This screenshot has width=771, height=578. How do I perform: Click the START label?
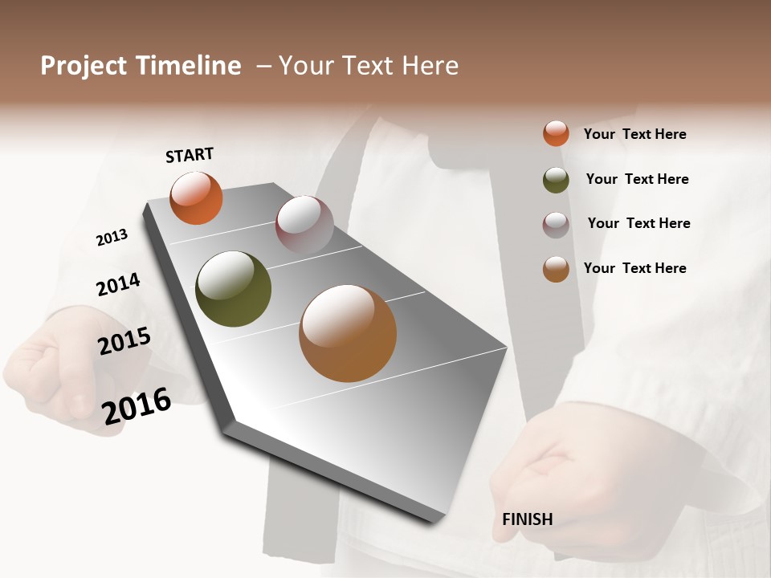(x=190, y=155)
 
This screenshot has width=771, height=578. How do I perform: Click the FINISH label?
(x=527, y=519)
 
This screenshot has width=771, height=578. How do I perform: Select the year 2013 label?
(x=112, y=238)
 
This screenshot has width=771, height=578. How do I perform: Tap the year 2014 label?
(x=118, y=285)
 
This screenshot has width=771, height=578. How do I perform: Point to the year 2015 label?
(x=124, y=341)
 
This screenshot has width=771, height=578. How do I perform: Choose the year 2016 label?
(x=137, y=405)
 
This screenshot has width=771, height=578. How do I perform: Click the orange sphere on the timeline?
(x=196, y=198)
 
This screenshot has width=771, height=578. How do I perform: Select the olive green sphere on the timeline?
(x=233, y=289)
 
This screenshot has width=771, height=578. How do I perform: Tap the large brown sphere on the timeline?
(x=348, y=333)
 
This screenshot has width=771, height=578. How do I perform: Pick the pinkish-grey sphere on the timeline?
(x=304, y=224)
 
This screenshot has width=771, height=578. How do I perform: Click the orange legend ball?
(x=556, y=133)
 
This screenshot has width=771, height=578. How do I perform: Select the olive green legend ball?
(x=556, y=180)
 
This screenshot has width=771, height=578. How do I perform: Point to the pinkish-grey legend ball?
(x=556, y=225)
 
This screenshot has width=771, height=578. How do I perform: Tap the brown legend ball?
(x=556, y=269)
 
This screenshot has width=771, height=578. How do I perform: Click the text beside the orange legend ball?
(x=634, y=134)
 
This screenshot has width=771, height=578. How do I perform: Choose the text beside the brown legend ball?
(x=634, y=268)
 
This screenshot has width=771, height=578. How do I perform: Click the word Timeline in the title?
(x=189, y=66)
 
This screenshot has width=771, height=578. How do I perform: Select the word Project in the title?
(x=83, y=66)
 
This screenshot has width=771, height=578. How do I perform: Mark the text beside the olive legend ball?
(x=637, y=179)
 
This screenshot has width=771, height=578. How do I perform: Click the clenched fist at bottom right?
(x=554, y=474)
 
